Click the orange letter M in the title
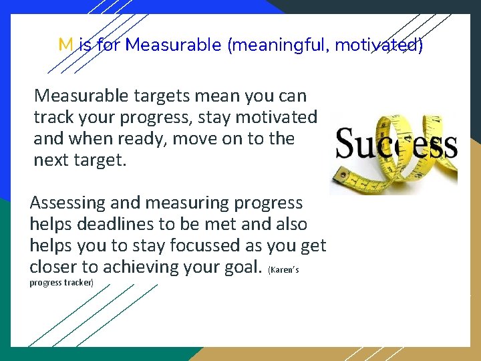(x=65, y=45)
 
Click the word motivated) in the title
(x=379, y=45)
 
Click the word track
(x=51, y=117)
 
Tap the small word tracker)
(x=80, y=283)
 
